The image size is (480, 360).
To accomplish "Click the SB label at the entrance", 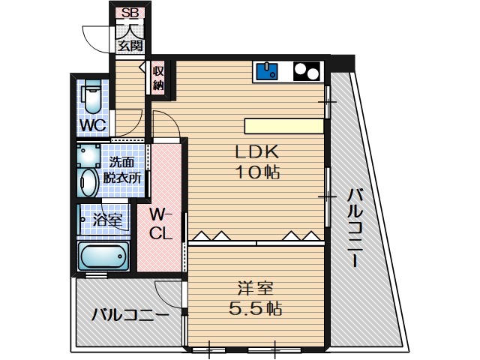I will pos(130,13).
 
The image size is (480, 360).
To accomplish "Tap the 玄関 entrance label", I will pos(130,46).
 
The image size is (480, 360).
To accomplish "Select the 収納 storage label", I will pos(158,78).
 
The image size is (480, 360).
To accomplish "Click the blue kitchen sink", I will pos(267,71).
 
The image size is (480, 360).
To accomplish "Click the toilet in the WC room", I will pos(92,97).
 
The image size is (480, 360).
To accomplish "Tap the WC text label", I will pos(92,124).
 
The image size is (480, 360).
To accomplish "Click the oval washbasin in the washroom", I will pos(88,182).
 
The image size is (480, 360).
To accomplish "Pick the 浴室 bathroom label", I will pos(107,220).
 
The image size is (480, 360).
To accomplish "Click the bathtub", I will pos(104,256).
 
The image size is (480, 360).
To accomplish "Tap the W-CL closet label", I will pos(162,223).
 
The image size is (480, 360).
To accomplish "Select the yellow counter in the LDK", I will pos(284,125).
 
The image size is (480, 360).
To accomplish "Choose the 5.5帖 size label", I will pos(255,308).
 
